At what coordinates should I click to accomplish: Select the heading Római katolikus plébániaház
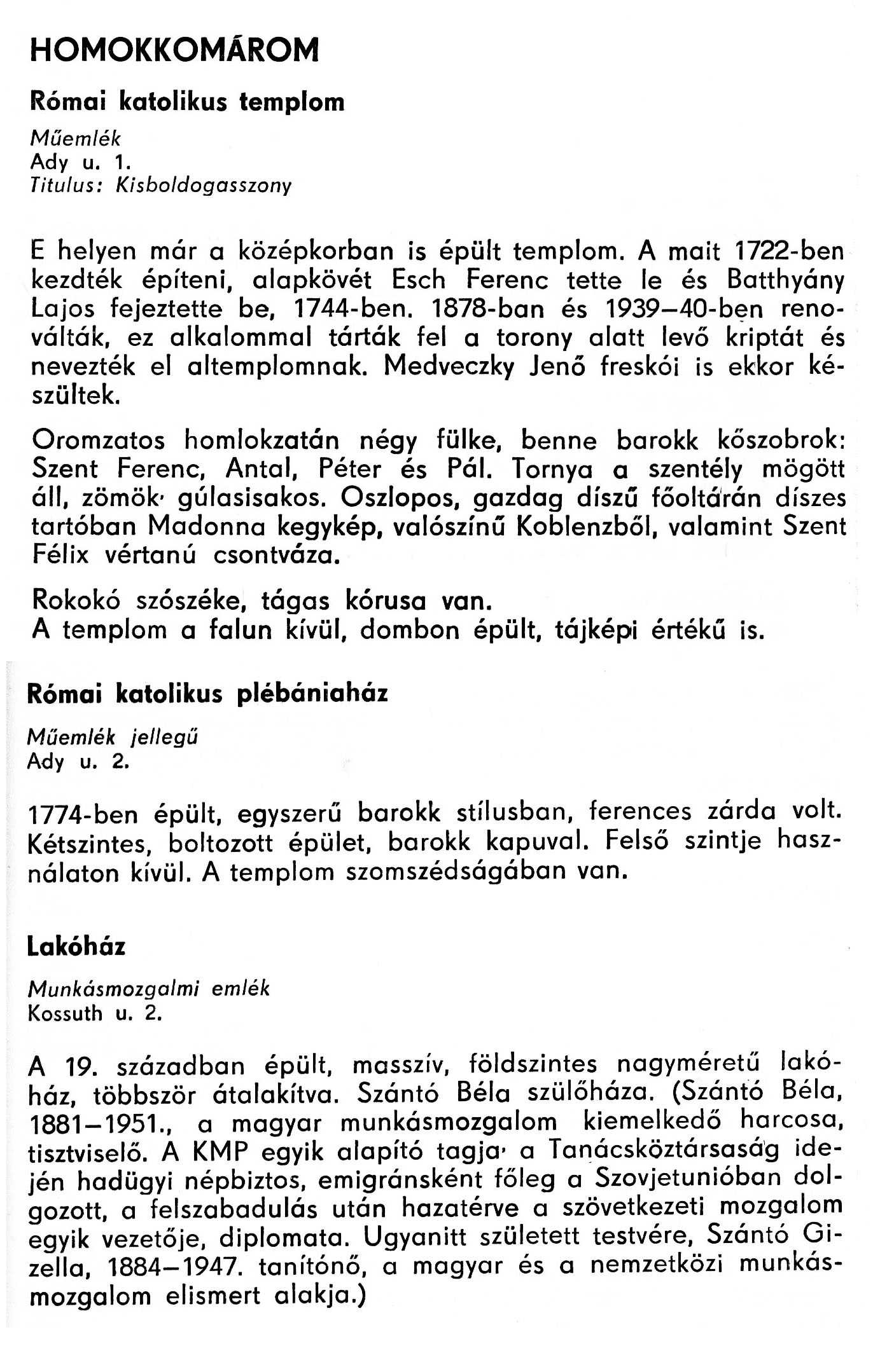pos(207,694)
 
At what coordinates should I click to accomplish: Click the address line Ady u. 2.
pos(78,761)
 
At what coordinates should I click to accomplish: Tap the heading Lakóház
pos(76,948)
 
